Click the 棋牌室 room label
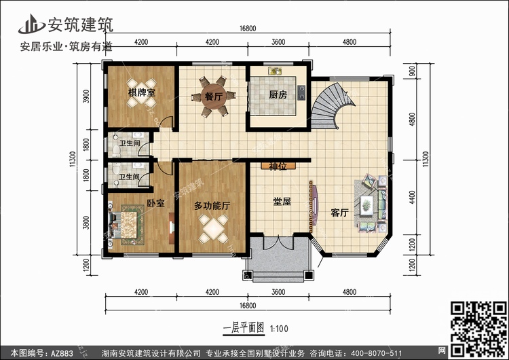(x=142, y=93)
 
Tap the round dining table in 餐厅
(x=214, y=96)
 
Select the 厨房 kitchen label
(x=278, y=95)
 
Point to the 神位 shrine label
(x=278, y=166)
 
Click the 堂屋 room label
(x=282, y=202)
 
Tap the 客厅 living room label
(x=339, y=213)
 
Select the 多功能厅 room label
(x=212, y=205)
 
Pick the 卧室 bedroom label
(x=156, y=203)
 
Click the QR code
(x=479, y=329)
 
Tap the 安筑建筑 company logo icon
(x=31, y=24)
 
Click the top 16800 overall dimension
(x=248, y=29)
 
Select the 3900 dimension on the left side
(x=86, y=96)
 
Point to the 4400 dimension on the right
(x=412, y=197)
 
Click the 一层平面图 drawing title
(x=244, y=328)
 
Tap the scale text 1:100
(x=279, y=329)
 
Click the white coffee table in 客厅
(x=366, y=205)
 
